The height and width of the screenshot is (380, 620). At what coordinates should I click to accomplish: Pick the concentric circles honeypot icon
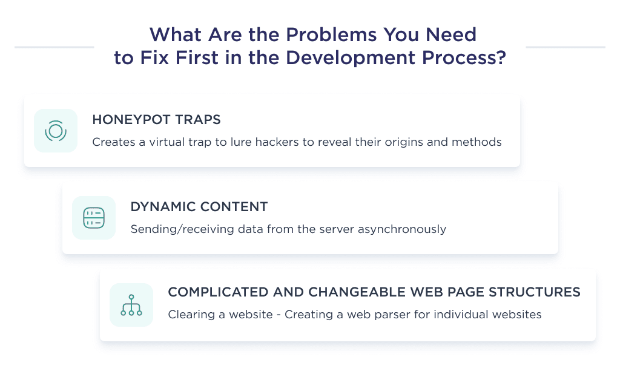pos(56,131)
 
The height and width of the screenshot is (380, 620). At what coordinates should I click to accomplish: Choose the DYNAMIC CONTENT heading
pos(199,206)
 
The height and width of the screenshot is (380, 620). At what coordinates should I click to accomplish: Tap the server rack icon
pos(94,218)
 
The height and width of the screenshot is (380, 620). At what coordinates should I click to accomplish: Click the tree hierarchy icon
pos(131,305)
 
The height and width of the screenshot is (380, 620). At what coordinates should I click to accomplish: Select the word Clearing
pos(188,315)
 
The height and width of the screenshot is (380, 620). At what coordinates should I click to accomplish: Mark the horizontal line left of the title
pos(54,47)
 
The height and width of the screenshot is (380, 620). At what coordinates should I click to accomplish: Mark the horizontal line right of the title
pos(565,47)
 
